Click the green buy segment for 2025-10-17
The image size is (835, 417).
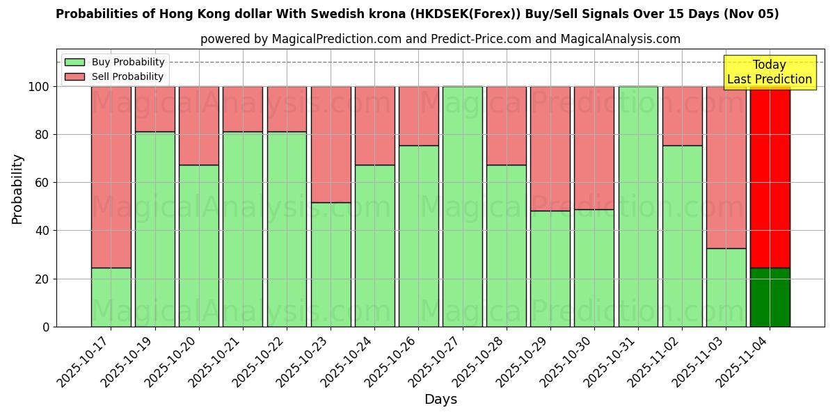[111, 297]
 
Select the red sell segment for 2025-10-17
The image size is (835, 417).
[111, 177]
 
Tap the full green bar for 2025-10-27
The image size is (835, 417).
[462, 206]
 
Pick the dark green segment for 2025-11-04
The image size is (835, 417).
[770, 297]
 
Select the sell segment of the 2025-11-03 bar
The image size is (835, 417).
[726, 167]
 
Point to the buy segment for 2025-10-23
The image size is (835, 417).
[331, 264]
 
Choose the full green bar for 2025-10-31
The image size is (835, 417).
[638, 206]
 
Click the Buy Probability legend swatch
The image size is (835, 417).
[74, 63]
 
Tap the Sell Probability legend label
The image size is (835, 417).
[127, 76]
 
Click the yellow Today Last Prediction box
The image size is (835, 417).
[770, 72]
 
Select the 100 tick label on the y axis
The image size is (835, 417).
[38, 87]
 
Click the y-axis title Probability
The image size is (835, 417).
[18, 188]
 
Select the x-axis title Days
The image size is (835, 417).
[440, 400]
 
